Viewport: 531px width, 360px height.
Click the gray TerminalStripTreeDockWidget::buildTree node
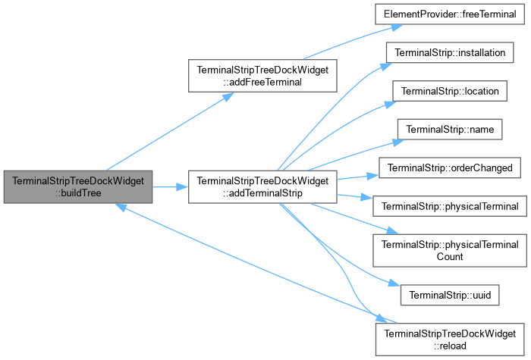pyautogui.click(x=78, y=186)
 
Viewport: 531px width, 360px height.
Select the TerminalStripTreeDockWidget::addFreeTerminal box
pyautogui.click(x=262, y=76)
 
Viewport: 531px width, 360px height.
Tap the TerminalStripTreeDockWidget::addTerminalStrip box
pyautogui.click(x=262, y=186)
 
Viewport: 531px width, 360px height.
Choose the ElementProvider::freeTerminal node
pyautogui.click(x=450, y=14)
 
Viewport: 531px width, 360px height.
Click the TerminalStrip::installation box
pyautogui.click(x=450, y=52)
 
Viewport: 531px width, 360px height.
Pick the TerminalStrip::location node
pyautogui.click(x=450, y=91)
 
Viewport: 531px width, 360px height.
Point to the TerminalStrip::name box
pyautogui.click(x=450, y=130)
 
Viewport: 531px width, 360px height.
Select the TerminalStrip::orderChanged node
pyautogui.click(x=450, y=167)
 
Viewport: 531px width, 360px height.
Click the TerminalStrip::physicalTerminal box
pyautogui.click(x=450, y=206)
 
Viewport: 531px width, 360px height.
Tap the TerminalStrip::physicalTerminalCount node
pyautogui.click(x=450, y=250)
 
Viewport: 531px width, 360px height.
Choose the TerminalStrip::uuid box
pyautogui.click(x=450, y=295)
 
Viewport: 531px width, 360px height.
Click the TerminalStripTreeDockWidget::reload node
pyautogui.click(x=450, y=340)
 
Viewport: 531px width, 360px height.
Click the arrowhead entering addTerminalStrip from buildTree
pyautogui.click(x=182, y=186)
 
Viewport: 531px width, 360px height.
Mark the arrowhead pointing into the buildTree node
pyautogui.click(x=121, y=207)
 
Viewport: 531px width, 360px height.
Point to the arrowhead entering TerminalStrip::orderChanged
pyautogui.click(x=373, y=175)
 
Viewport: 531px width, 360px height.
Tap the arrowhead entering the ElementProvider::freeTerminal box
pyautogui.click(x=397, y=27)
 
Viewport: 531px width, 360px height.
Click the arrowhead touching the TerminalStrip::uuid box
pyautogui.click(x=394, y=283)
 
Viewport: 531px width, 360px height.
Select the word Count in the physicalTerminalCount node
pyautogui.click(x=450, y=256)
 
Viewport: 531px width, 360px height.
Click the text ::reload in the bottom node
pyautogui.click(x=450, y=346)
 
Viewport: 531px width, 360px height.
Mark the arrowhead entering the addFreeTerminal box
pyautogui.click(x=228, y=97)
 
